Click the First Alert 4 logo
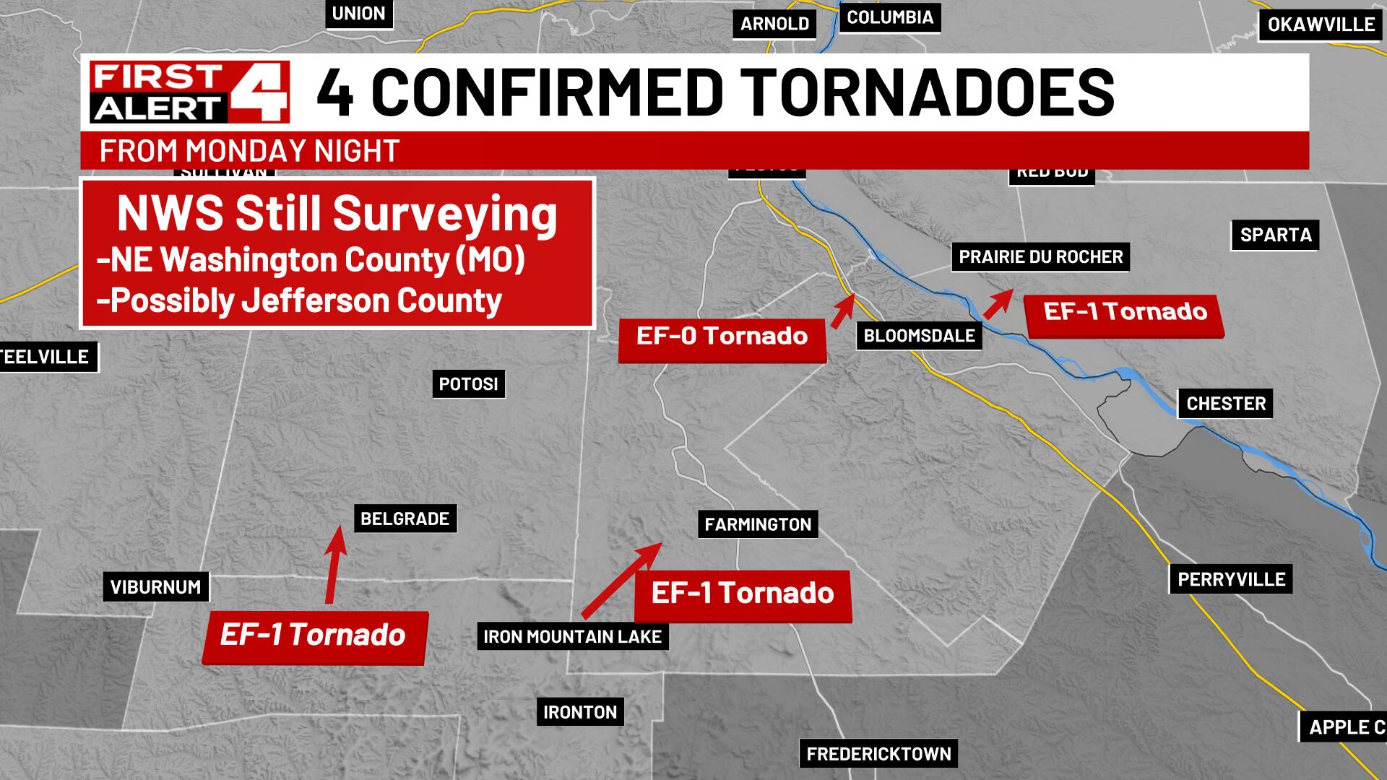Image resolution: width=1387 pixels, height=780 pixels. [x=189, y=92]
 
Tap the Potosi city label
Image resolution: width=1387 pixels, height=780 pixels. [x=469, y=383]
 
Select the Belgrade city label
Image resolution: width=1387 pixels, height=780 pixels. [x=405, y=519]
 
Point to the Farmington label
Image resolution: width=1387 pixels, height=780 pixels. [x=758, y=524]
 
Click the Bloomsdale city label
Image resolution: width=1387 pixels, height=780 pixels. [x=919, y=336]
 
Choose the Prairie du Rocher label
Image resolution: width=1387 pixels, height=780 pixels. [x=1040, y=257]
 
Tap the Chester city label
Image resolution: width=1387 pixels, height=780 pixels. [x=1226, y=403]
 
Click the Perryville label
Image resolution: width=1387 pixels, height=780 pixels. [x=1231, y=579]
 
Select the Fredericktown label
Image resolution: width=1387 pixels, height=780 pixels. [x=878, y=754]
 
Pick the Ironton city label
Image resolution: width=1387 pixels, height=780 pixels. [x=580, y=712]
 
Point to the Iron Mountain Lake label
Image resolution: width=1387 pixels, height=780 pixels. [x=572, y=637]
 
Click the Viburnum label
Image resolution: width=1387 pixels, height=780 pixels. [x=156, y=587]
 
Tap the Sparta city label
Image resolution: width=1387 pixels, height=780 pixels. [x=1276, y=235]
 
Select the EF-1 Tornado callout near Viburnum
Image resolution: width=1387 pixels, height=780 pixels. [x=314, y=636]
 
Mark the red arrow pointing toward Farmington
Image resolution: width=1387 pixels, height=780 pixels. [x=621, y=581]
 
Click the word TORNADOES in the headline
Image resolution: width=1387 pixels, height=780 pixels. [x=929, y=92]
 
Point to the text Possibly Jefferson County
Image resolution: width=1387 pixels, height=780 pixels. [x=299, y=300]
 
